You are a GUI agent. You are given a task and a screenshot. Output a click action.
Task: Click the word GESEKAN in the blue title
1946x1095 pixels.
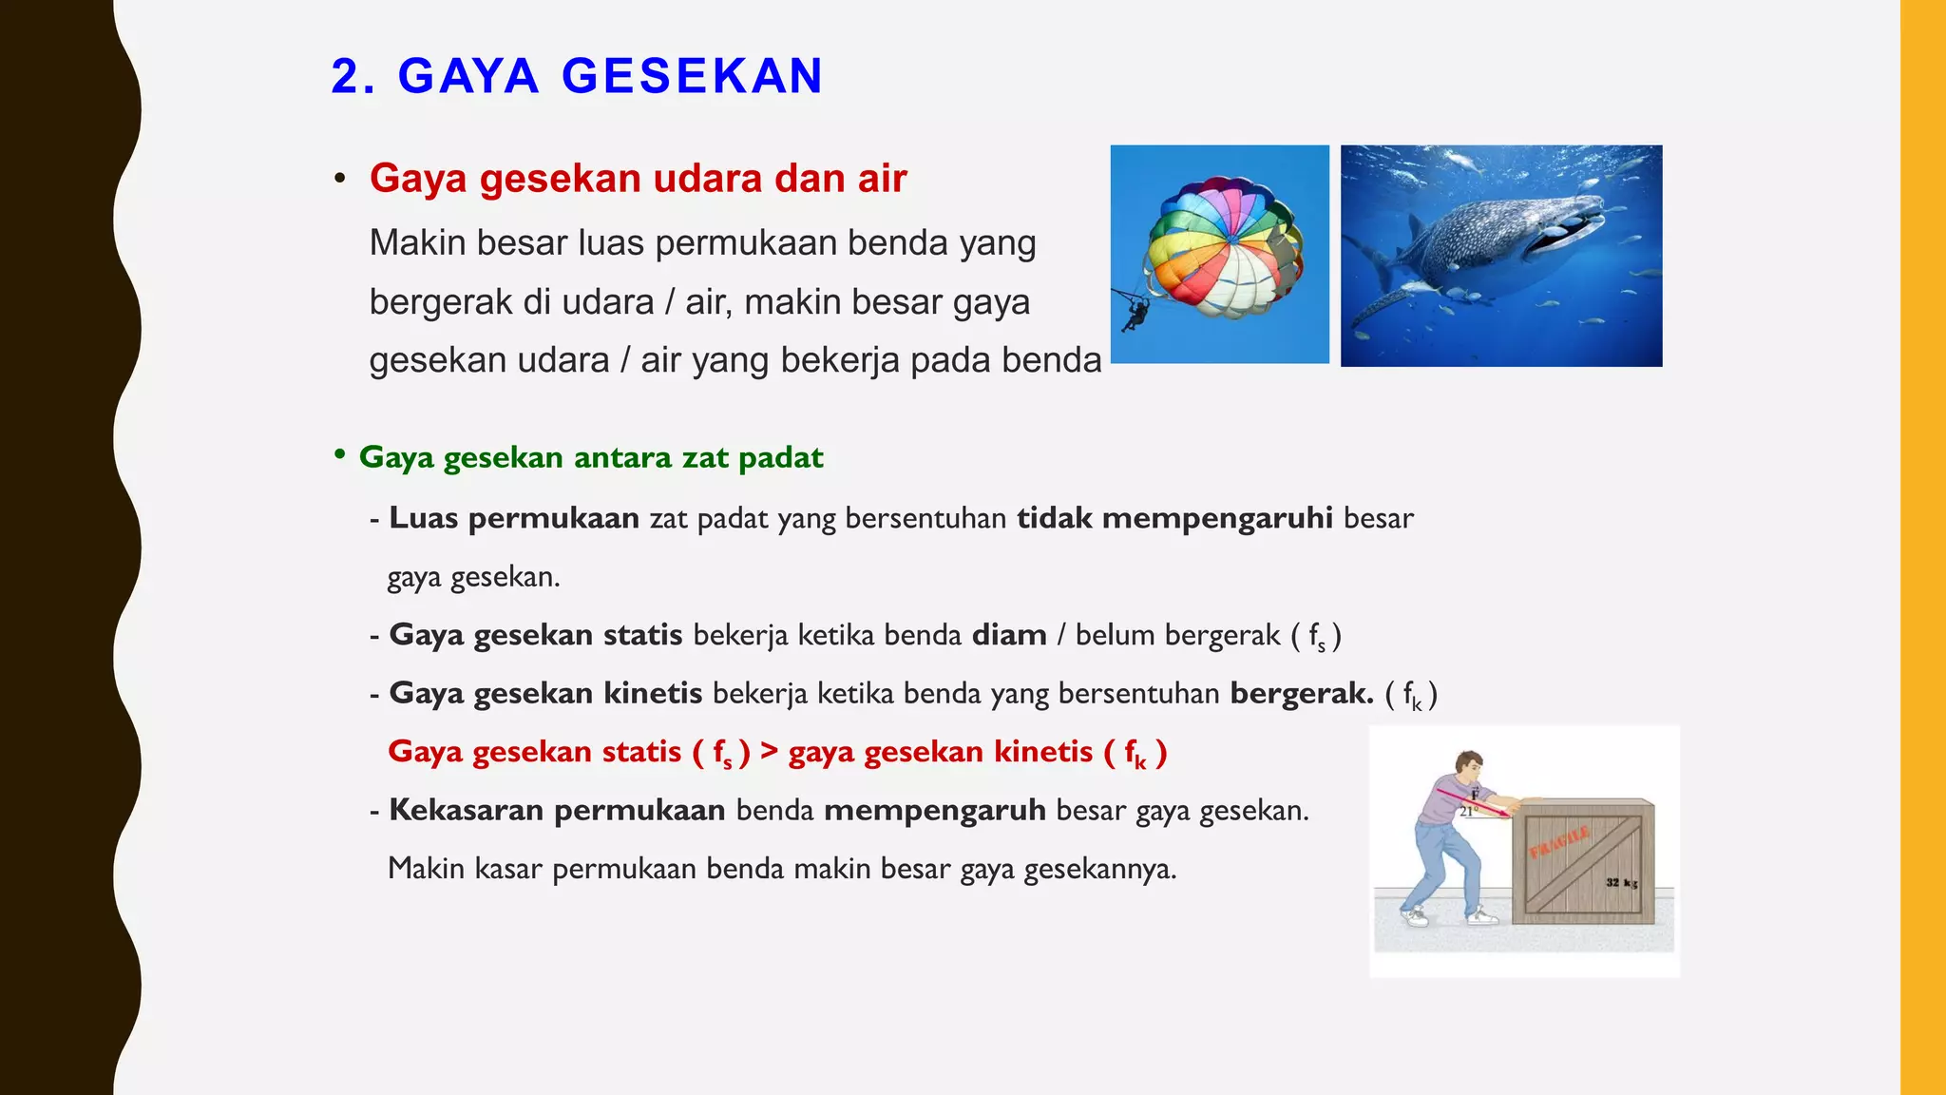click(x=692, y=76)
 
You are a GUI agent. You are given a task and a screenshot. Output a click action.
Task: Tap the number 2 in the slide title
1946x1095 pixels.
click(x=346, y=76)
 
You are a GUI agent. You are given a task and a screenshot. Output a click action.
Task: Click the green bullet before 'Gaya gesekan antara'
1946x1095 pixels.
click(x=339, y=455)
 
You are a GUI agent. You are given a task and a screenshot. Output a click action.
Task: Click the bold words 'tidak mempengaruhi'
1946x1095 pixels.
click(x=1174, y=518)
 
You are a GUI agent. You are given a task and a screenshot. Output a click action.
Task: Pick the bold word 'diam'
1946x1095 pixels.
click(x=1009, y=635)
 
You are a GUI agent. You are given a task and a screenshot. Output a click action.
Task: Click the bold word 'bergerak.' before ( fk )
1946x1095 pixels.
click(x=1302, y=694)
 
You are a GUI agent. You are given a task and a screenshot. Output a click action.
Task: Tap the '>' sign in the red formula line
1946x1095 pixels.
click(x=769, y=752)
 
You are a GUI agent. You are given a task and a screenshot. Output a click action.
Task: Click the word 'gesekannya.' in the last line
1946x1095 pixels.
click(x=1099, y=869)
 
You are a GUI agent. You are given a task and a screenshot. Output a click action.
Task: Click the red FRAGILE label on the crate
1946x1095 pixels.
click(x=1559, y=842)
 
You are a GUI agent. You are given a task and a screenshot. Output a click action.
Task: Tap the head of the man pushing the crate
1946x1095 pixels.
click(x=1469, y=766)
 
